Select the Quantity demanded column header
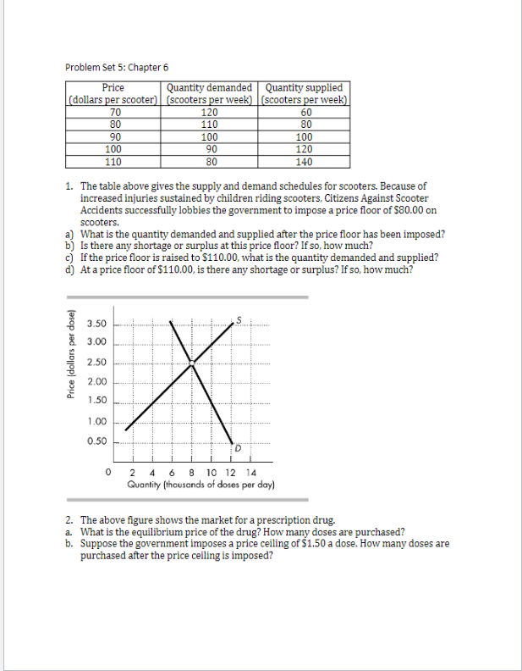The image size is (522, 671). click(209, 87)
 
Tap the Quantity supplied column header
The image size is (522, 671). click(305, 87)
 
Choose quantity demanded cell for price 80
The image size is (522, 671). click(209, 125)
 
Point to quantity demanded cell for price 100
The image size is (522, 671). click(209, 149)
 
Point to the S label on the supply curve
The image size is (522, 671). click(239, 319)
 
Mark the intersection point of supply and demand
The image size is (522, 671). click(192, 363)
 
